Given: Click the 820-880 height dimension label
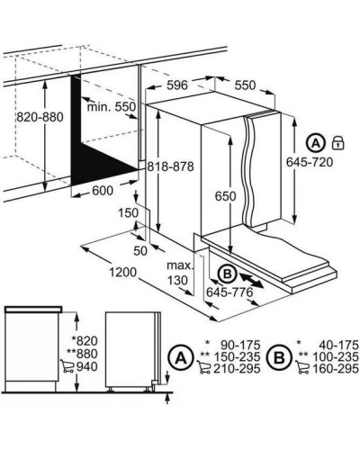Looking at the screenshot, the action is pyautogui.click(x=40, y=117).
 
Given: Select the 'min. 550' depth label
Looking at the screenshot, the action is pyautogui.click(x=112, y=106).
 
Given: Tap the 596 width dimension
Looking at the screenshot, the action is pyautogui.click(x=177, y=85).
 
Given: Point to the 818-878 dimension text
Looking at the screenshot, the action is pyautogui.click(x=171, y=166).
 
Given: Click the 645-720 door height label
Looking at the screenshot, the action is pyautogui.click(x=310, y=162).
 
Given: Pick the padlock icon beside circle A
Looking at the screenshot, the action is pyautogui.click(x=338, y=142).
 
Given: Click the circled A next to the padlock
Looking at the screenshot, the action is pyautogui.click(x=316, y=143).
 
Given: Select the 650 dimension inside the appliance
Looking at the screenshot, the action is pyautogui.click(x=225, y=196).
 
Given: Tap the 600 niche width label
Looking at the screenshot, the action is pyautogui.click(x=103, y=191).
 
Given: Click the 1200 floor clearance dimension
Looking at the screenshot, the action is pyautogui.click(x=122, y=273).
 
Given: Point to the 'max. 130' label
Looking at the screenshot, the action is pyautogui.click(x=179, y=273).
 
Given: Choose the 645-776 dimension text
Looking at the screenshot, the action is pyautogui.click(x=229, y=292).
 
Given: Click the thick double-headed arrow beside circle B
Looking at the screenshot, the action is pyautogui.click(x=251, y=280).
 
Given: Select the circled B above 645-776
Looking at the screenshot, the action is pyautogui.click(x=228, y=274).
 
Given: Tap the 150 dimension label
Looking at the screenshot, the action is pyautogui.click(x=128, y=213).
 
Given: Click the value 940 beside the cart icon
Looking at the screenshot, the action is pyautogui.click(x=87, y=366).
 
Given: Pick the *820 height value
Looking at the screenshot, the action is pyautogui.click(x=85, y=341).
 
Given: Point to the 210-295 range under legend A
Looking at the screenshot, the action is pyautogui.click(x=237, y=369).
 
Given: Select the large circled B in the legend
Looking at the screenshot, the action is pyautogui.click(x=280, y=357).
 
